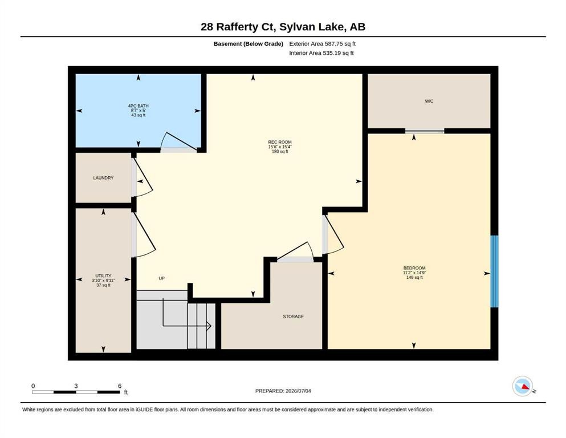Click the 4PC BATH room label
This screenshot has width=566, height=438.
[x=139, y=106]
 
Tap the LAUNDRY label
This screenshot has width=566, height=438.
[x=103, y=178]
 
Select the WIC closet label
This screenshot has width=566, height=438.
[x=429, y=101]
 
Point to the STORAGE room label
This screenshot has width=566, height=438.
[x=293, y=317]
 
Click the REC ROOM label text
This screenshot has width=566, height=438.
[x=280, y=142]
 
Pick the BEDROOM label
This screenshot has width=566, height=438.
[x=414, y=268]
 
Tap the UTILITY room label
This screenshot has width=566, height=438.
[x=103, y=276]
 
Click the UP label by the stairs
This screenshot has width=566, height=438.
[x=162, y=278]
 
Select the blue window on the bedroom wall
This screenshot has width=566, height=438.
[x=494, y=271]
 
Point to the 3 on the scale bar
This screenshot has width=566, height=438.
[x=76, y=386]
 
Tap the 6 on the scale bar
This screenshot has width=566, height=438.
[x=120, y=386]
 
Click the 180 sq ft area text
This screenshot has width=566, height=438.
[x=280, y=152]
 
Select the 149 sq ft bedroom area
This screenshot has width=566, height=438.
[x=414, y=277]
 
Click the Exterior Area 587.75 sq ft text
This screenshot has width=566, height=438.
[x=323, y=44]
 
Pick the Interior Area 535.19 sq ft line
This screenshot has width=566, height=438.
[x=321, y=53]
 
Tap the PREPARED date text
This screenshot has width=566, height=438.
[x=283, y=391]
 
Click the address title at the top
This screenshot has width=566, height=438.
[x=283, y=27]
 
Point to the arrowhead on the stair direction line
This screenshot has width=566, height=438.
[x=209, y=326]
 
